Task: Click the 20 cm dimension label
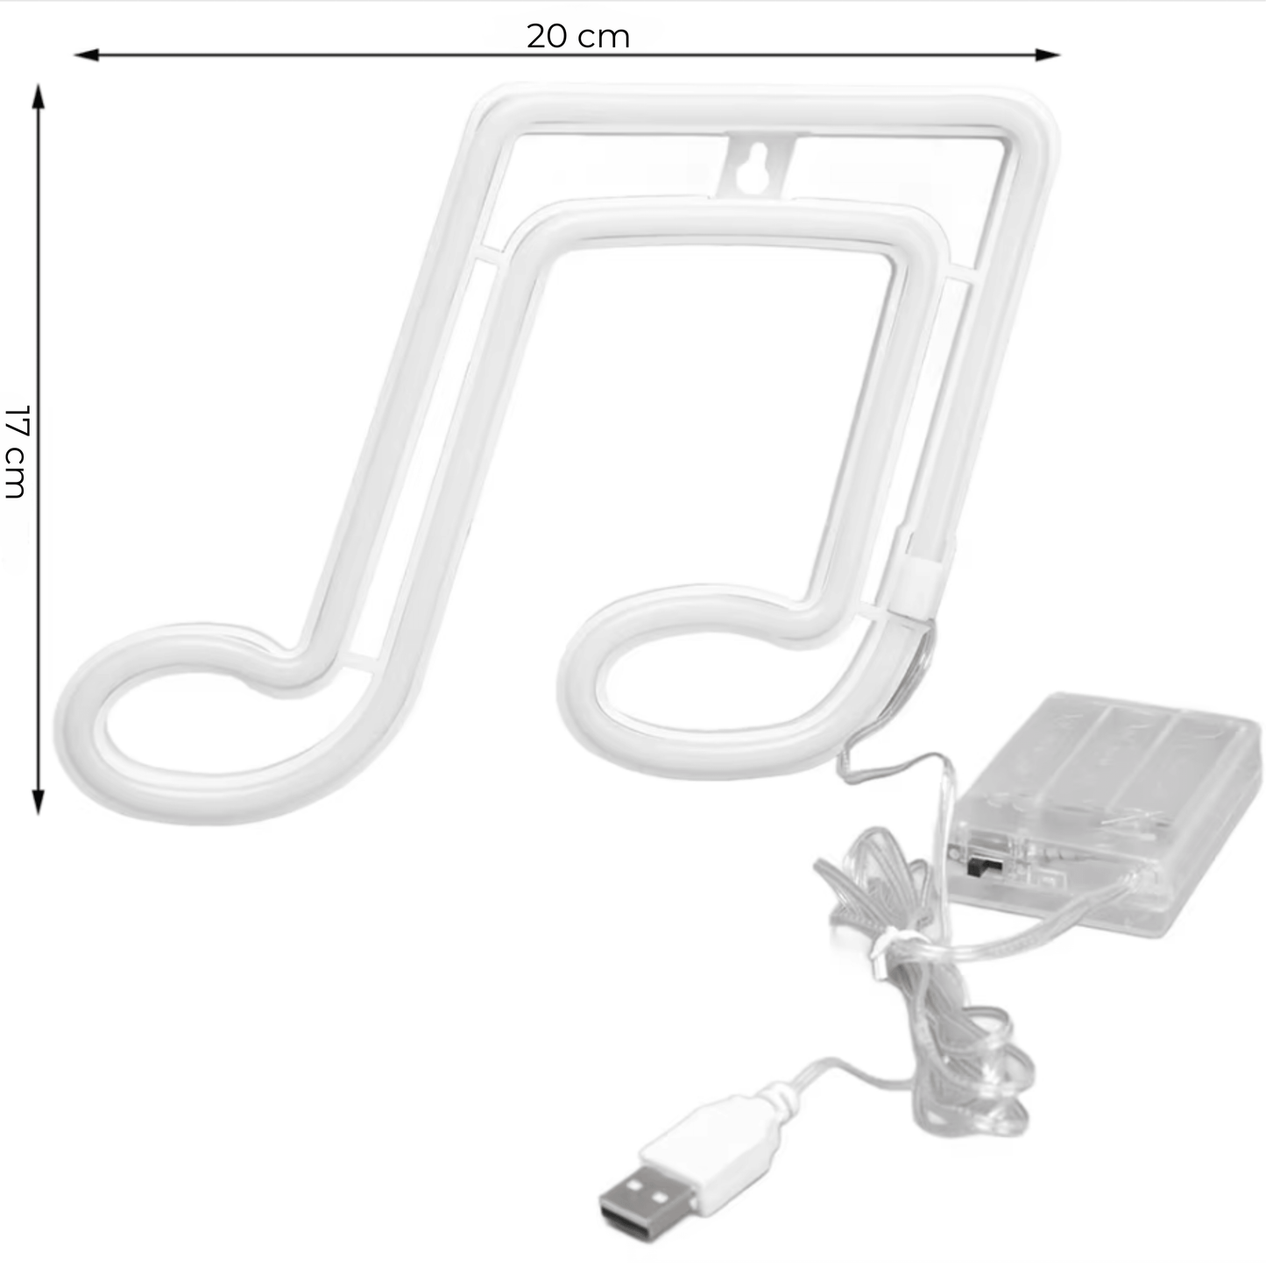pyautogui.click(x=578, y=37)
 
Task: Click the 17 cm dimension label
pyautogui.click(x=16, y=451)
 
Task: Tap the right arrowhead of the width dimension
pyautogui.click(x=1048, y=55)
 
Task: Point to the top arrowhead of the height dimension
pyautogui.click(x=39, y=96)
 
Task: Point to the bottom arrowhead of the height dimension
pyautogui.click(x=39, y=803)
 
